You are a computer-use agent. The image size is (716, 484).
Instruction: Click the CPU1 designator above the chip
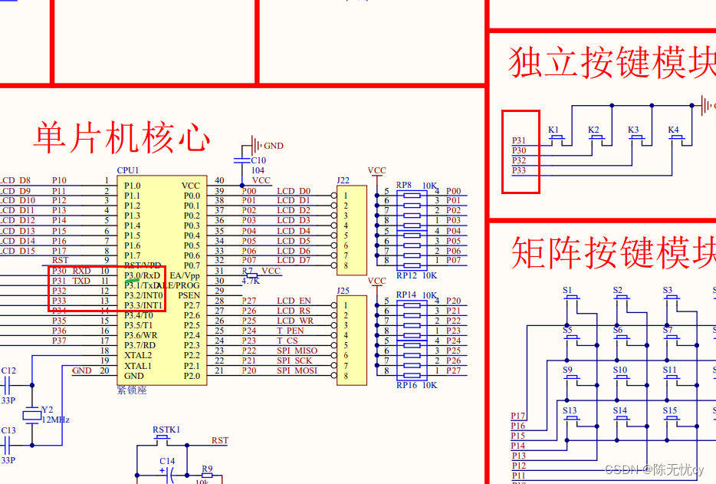pyautogui.click(x=128, y=170)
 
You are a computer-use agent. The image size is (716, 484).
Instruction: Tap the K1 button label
pyautogui.click(x=554, y=130)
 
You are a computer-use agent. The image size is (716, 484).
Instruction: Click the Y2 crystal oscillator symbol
pyautogui.click(x=31, y=415)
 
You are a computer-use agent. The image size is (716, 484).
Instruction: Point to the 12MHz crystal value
pyautogui.click(x=55, y=420)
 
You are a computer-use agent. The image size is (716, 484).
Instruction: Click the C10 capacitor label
pyautogui.click(x=259, y=160)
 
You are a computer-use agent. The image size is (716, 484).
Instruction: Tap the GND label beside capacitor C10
pyautogui.click(x=273, y=145)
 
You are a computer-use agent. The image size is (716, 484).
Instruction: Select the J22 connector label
pyautogui.click(x=343, y=181)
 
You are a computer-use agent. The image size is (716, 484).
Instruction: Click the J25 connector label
pyautogui.click(x=343, y=291)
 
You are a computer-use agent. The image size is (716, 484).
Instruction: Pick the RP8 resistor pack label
pyautogui.click(x=404, y=185)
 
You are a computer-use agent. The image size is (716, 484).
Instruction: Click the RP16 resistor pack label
pyautogui.click(x=406, y=385)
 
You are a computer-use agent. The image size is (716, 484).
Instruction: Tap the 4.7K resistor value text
pyautogui.click(x=251, y=282)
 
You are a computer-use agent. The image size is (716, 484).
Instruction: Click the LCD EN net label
pyautogui.click(x=294, y=301)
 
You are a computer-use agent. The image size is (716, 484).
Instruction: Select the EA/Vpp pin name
pyautogui.click(x=184, y=275)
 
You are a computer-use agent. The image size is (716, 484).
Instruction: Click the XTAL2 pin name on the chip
pyautogui.click(x=138, y=356)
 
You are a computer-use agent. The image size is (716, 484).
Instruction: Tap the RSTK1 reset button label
pyautogui.click(x=166, y=430)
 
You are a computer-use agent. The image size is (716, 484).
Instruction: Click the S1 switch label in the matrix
pyautogui.click(x=567, y=291)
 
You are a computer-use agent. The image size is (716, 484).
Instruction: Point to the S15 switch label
pyautogui.click(x=671, y=410)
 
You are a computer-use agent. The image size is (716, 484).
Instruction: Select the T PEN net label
pyautogui.click(x=291, y=331)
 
